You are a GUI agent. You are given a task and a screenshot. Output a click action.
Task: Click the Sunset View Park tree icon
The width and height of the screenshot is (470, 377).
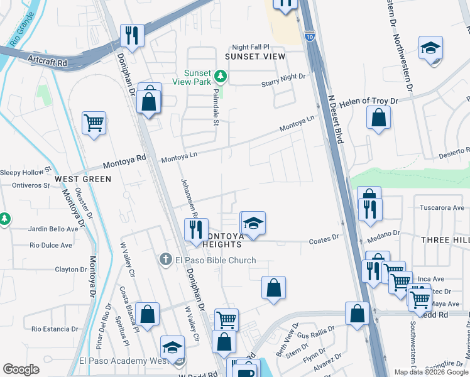click(x=220, y=77)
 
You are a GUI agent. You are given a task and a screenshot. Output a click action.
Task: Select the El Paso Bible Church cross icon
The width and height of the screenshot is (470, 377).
click(x=165, y=260)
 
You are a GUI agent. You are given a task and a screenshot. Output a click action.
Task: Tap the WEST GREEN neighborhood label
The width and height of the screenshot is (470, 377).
click(x=83, y=179)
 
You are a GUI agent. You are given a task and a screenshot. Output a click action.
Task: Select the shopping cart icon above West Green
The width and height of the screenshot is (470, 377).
click(x=94, y=123)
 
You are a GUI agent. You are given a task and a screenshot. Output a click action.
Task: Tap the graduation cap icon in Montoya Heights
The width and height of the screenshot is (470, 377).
click(x=253, y=223)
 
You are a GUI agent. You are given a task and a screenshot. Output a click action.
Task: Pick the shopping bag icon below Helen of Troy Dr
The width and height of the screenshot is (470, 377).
click(x=379, y=117)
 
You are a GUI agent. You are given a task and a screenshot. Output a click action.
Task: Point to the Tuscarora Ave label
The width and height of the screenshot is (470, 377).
click(x=441, y=207)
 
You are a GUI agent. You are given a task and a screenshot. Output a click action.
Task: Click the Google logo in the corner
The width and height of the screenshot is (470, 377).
click(x=21, y=369)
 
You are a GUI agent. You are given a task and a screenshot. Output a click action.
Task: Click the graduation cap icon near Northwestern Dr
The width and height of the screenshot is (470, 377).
click(x=431, y=48)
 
